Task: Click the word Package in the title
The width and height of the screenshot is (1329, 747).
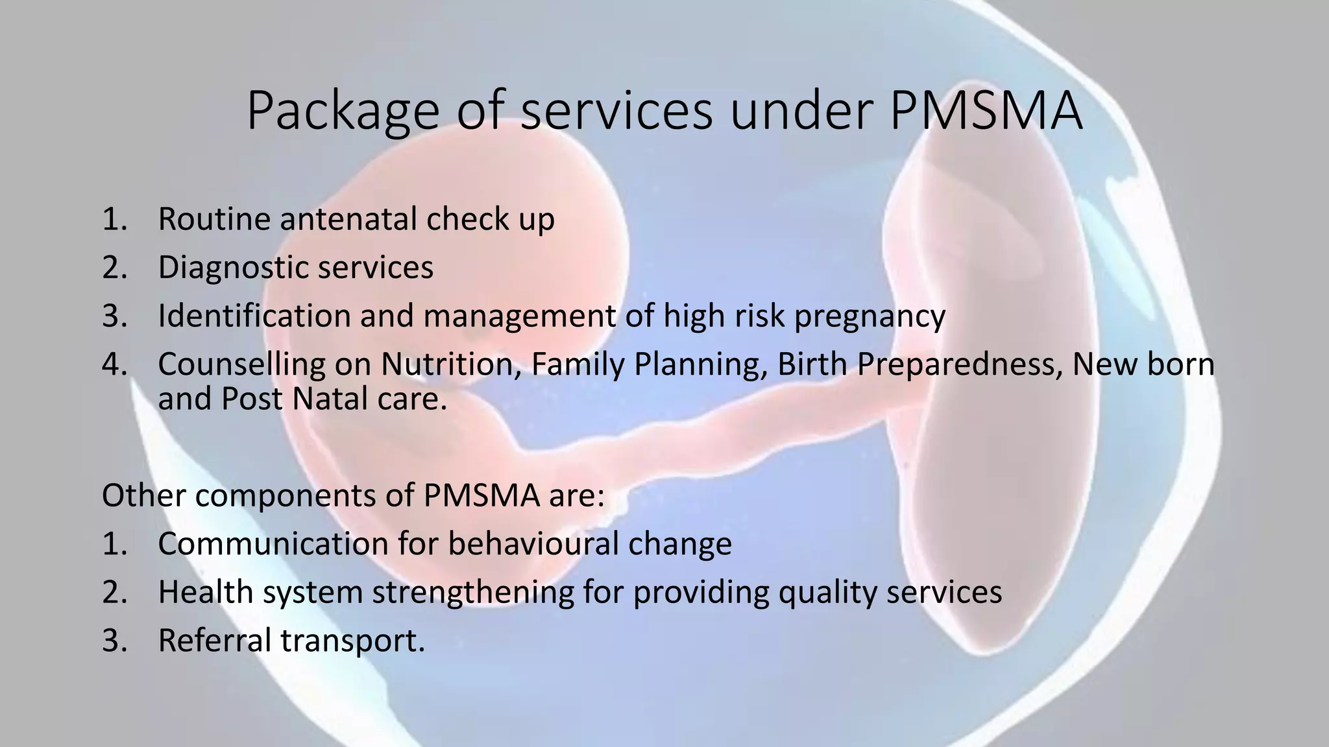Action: point(343,112)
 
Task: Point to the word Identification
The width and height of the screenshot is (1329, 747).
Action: point(254,316)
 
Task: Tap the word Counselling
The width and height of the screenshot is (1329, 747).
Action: point(241,364)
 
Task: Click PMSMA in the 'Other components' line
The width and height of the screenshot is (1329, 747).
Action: point(482,495)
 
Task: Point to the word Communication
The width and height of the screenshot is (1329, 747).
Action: point(273,544)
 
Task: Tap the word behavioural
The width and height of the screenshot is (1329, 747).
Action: point(533,544)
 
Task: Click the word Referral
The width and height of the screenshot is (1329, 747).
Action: point(214,641)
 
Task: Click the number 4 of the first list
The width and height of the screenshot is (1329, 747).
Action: point(112,364)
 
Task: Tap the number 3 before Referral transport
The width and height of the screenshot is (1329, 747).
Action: point(112,641)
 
